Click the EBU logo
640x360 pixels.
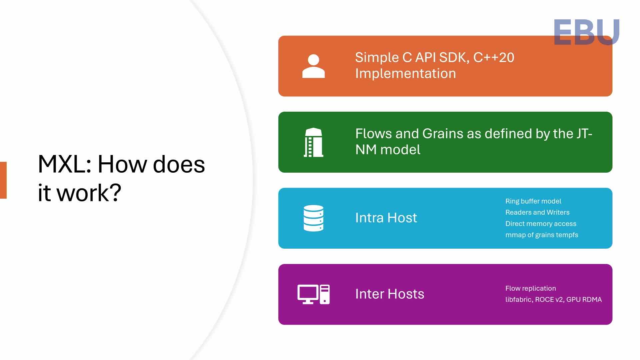[x=586, y=32]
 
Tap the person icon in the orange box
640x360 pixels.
[x=313, y=66]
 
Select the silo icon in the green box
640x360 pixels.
[x=313, y=142]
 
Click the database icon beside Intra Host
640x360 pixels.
[x=313, y=218]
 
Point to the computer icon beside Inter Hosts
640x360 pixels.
[x=313, y=294]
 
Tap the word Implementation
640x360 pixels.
[x=405, y=74]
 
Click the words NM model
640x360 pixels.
[x=388, y=150]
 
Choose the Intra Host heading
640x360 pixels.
[x=386, y=218]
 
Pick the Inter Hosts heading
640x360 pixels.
[x=389, y=294]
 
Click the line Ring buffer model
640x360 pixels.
[x=533, y=201]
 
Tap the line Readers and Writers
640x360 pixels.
[x=537, y=212]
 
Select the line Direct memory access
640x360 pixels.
[x=540, y=224]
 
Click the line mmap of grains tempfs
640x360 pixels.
[x=541, y=235]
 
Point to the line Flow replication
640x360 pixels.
[x=530, y=288]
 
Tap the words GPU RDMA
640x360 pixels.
[x=584, y=300]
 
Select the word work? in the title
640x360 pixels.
[x=89, y=193]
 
